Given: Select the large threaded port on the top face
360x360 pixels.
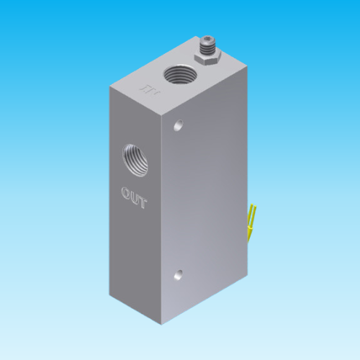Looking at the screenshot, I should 177,74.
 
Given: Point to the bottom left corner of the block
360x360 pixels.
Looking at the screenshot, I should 110,294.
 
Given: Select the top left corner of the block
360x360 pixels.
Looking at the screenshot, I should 110,87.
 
